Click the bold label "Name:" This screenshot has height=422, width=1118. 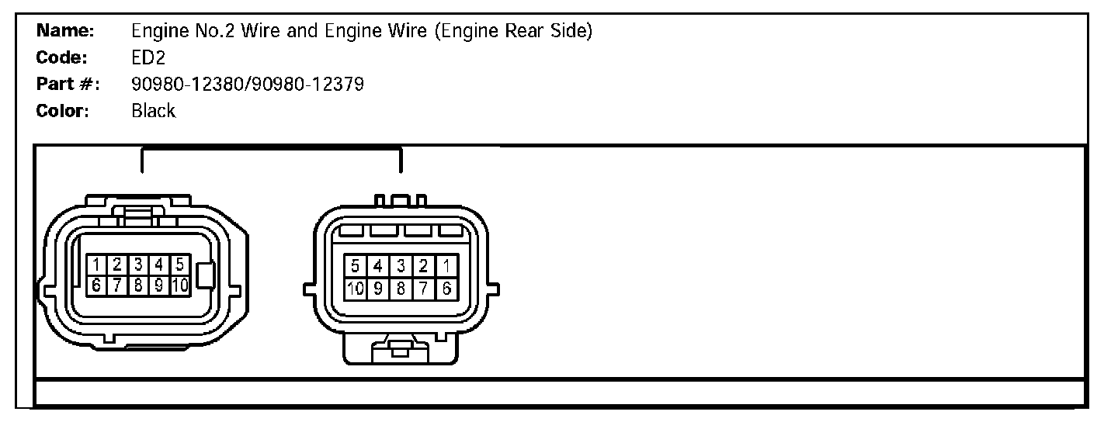[x=65, y=32]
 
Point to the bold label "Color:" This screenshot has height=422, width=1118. [x=64, y=111]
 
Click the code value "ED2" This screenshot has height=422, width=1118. [x=149, y=58]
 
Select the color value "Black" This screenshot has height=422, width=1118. [x=154, y=111]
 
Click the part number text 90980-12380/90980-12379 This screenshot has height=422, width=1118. [x=248, y=85]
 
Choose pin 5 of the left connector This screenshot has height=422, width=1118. [x=179, y=265]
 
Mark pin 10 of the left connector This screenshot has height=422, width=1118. [x=179, y=285]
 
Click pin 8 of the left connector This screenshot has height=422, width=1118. [x=137, y=285]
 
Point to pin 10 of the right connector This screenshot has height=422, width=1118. [x=356, y=289]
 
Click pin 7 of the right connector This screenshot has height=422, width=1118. [x=424, y=289]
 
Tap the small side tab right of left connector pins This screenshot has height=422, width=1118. [x=207, y=275]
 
